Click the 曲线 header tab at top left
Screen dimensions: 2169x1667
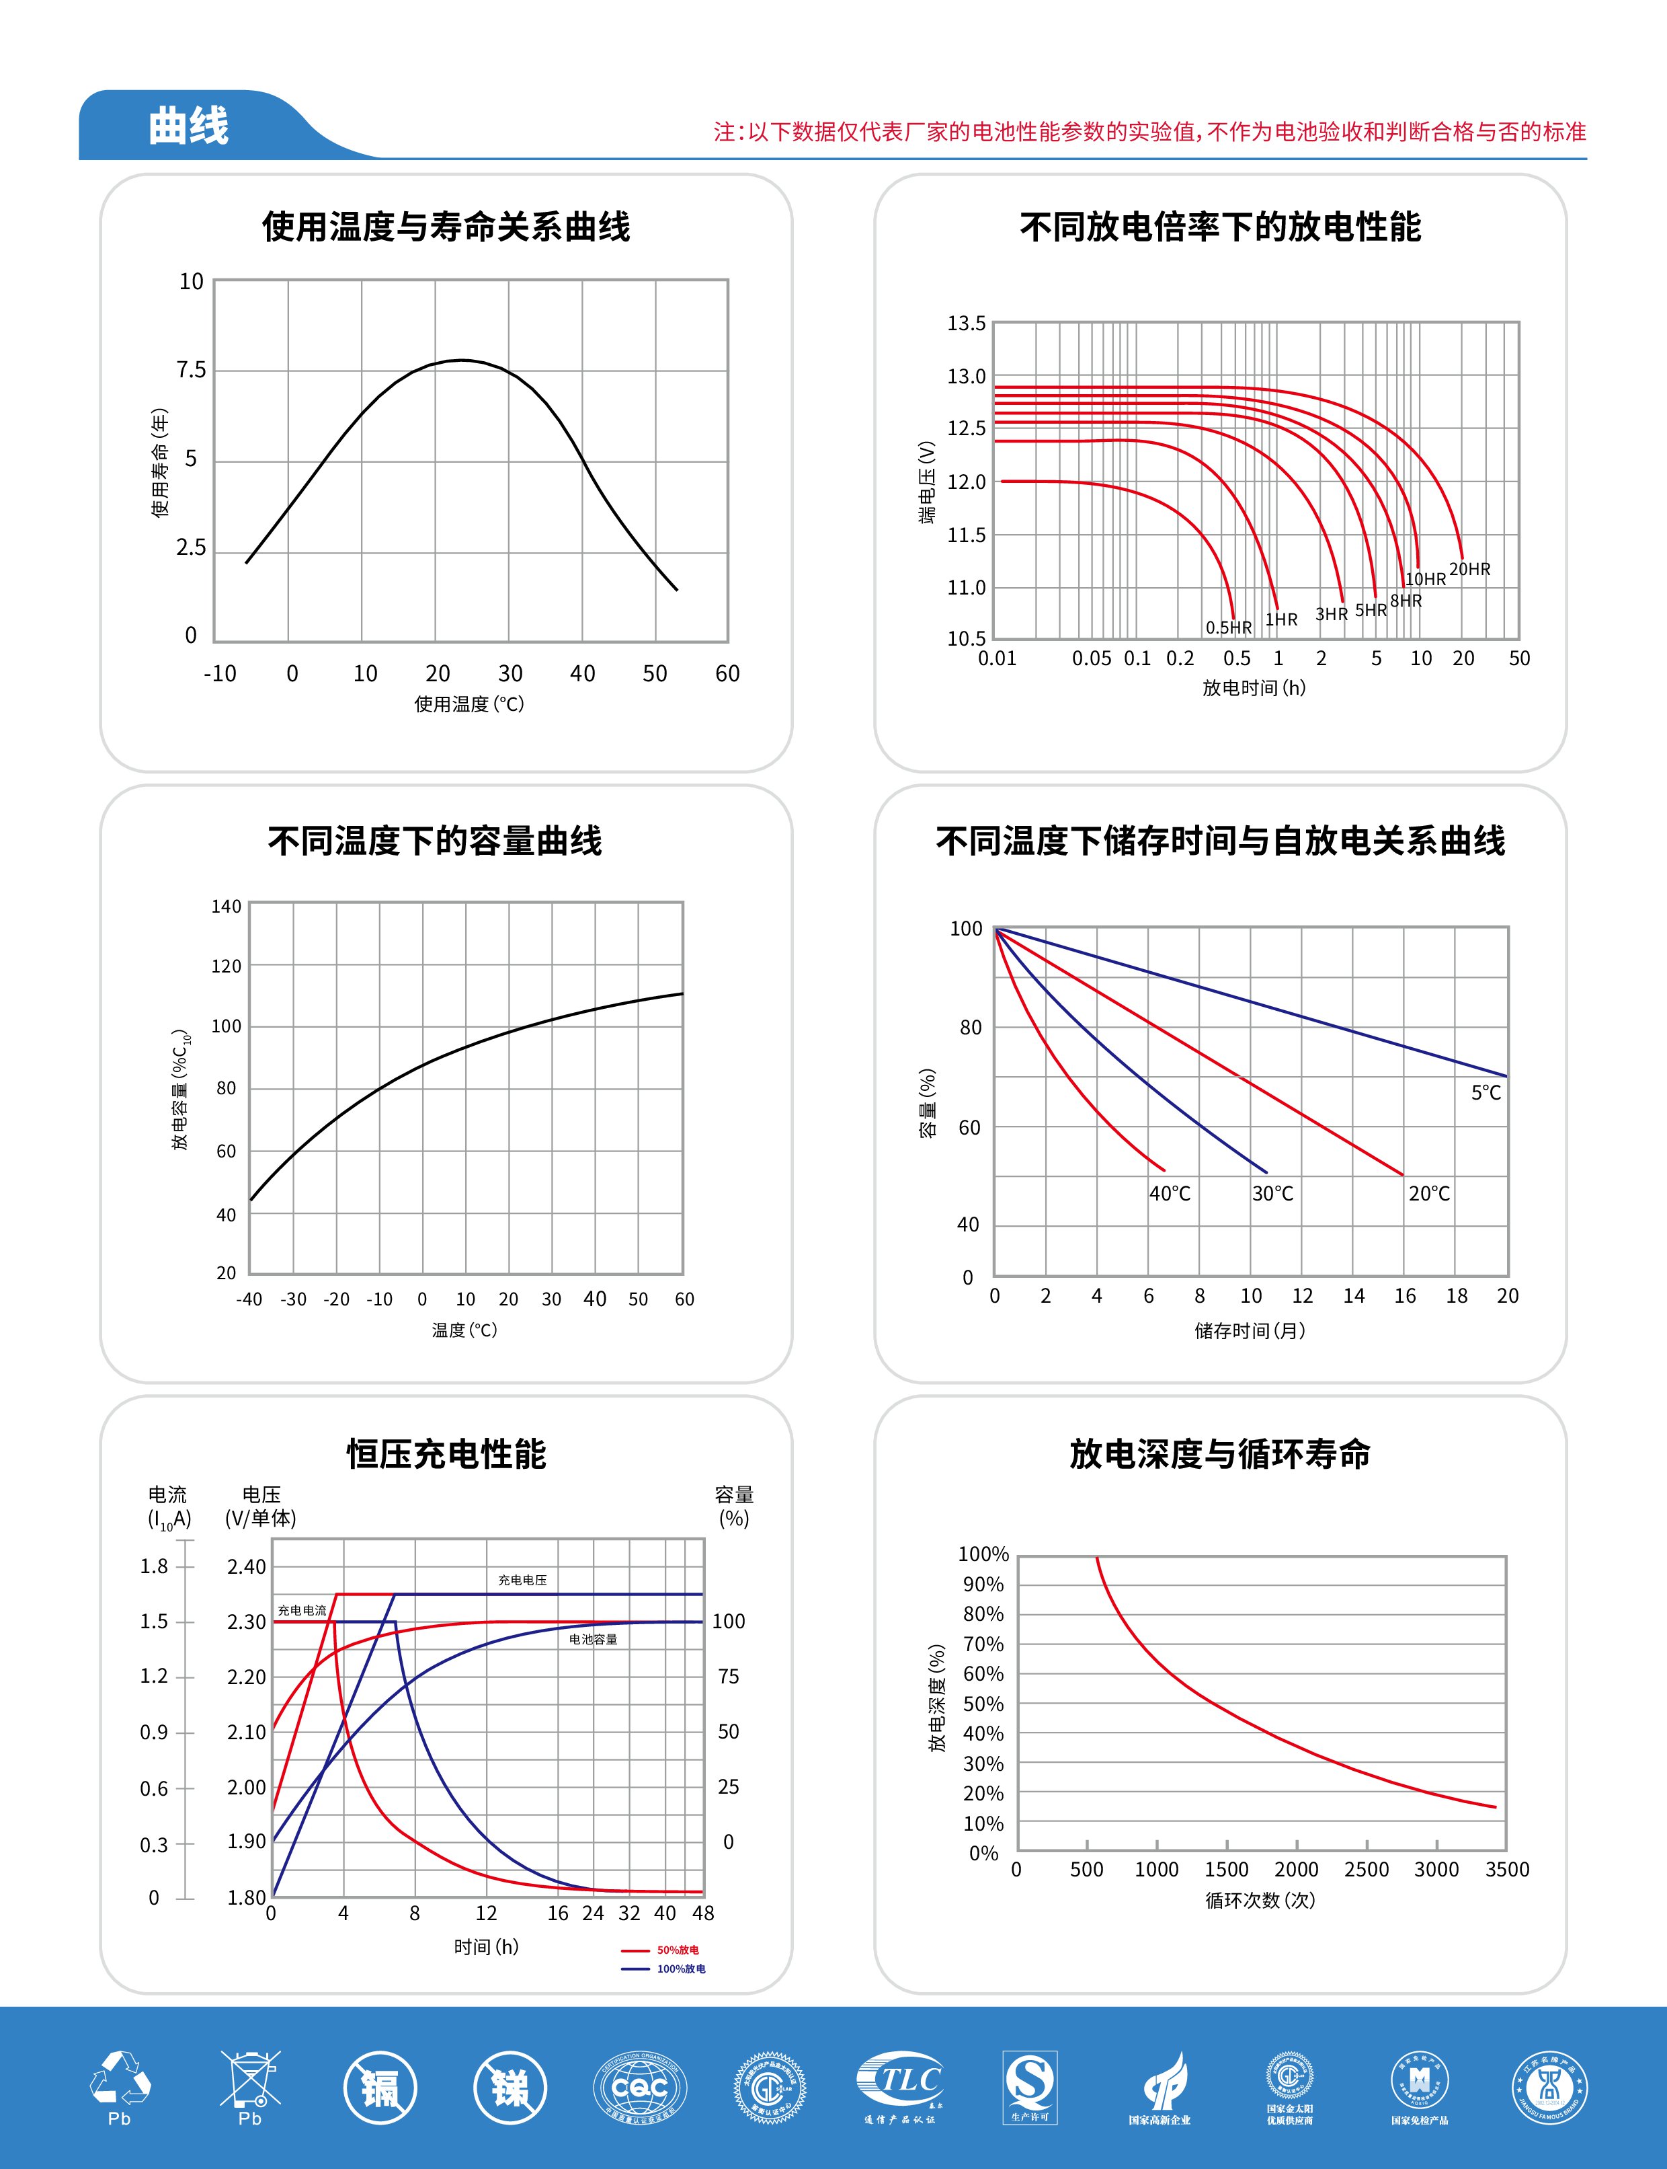pyautogui.click(x=188, y=126)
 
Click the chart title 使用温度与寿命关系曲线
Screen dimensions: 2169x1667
pyautogui.click(x=446, y=227)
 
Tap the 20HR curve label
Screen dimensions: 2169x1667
pyautogui.click(x=1469, y=570)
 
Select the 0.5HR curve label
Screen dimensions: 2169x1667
pyautogui.click(x=1229, y=627)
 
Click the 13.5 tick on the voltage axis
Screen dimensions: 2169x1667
pyautogui.click(x=965, y=324)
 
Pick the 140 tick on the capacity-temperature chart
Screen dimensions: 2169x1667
pyautogui.click(x=227, y=907)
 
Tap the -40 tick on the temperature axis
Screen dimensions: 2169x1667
pyautogui.click(x=249, y=1299)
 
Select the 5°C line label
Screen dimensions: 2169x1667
pyautogui.click(x=1486, y=1093)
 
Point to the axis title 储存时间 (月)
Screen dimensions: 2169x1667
pyautogui.click(x=1250, y=1330)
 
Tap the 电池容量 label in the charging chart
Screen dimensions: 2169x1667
pyautogui.click(x=592, y=1640)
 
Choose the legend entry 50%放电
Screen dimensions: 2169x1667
pyautogui.click(x=677, y=1950)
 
